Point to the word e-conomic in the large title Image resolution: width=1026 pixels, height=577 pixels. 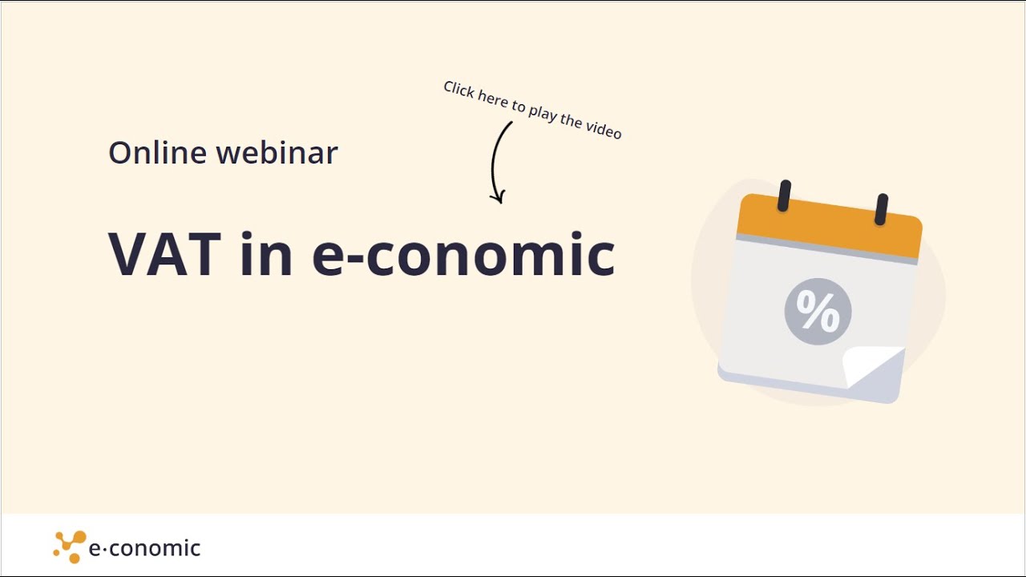tap(463, 255)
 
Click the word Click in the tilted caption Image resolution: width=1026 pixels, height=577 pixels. tap(458, 90)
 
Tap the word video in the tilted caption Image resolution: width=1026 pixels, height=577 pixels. tap(604, 128)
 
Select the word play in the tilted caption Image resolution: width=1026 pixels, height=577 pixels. tap(543, 112)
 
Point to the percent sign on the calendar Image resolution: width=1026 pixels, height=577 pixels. tap(818, 311)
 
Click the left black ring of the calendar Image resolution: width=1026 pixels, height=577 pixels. tap(784, 196)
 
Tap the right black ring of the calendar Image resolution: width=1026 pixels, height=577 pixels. tap(882, 209)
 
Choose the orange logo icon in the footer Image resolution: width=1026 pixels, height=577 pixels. tap(70, 547)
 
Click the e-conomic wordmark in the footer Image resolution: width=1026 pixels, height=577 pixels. tap(144, 548)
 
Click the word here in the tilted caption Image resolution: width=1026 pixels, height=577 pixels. tap(492, 99)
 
